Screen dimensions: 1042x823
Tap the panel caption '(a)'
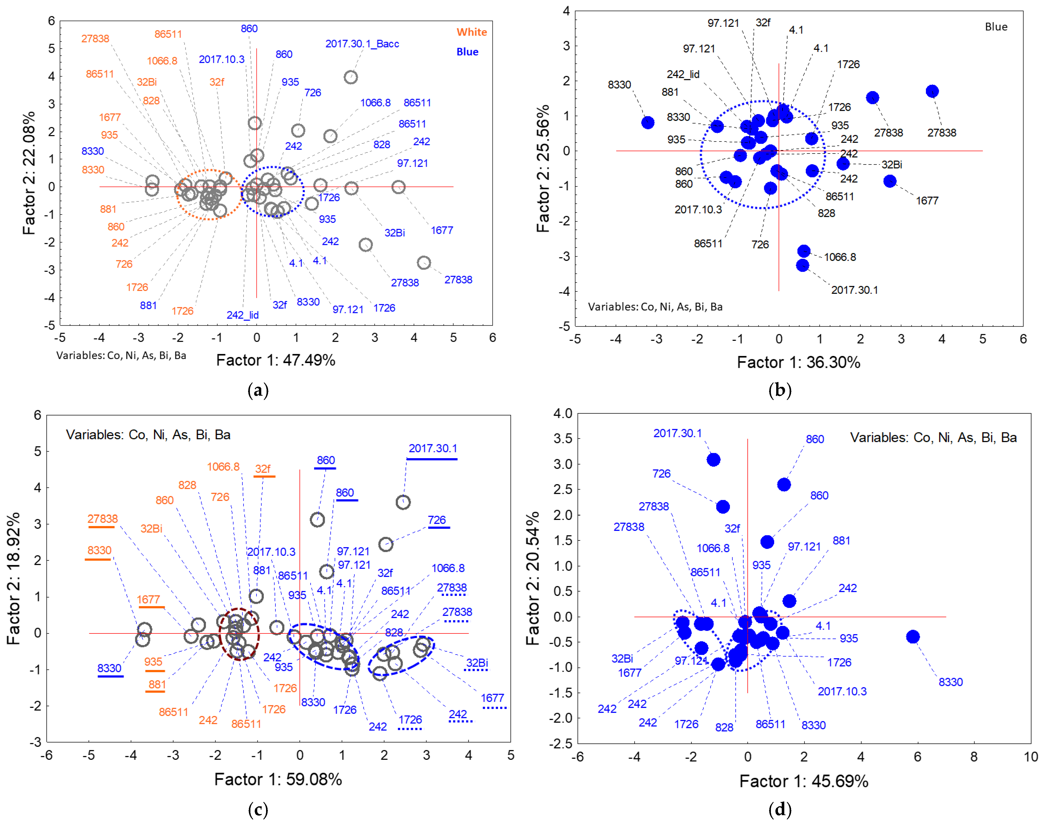(258, 390)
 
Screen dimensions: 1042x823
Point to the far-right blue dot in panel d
(913, 637)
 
